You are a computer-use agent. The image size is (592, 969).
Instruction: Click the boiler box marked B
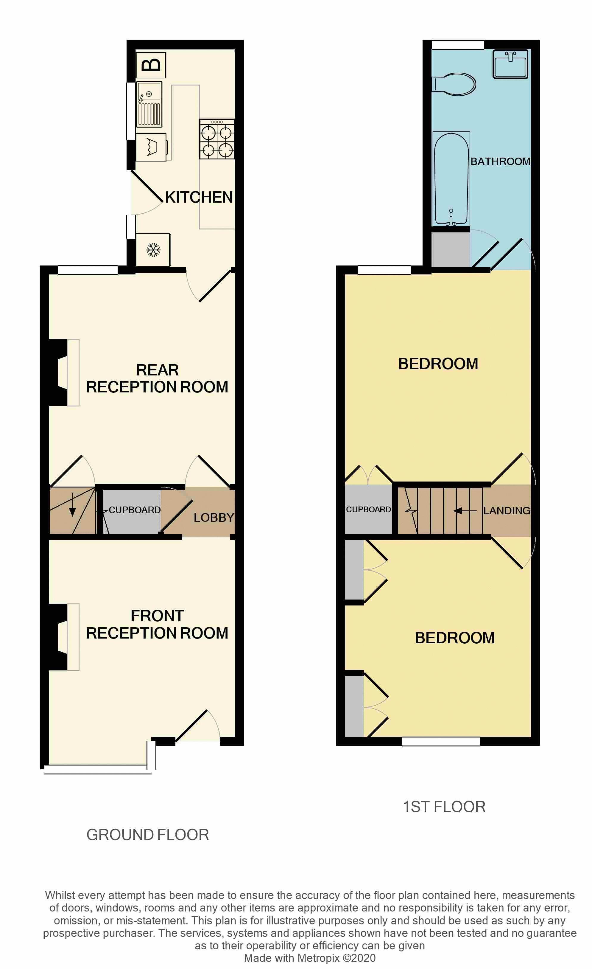click(151, 64)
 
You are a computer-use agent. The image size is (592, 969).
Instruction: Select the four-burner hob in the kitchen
click(216, 139)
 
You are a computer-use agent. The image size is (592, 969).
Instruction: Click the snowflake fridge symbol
click(153, 250)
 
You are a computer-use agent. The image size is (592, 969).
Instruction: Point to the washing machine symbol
click(151, 147)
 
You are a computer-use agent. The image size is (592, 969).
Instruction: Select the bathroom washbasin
click(510, 64)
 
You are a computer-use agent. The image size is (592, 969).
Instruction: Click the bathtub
click(451, 179)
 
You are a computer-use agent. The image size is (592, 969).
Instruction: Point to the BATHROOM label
click(500, 161)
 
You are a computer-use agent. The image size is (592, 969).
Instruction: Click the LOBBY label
click(214, 518)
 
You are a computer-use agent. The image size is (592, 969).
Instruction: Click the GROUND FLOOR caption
click(147, 835)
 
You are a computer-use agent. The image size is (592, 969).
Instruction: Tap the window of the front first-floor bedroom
click(441, 741)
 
